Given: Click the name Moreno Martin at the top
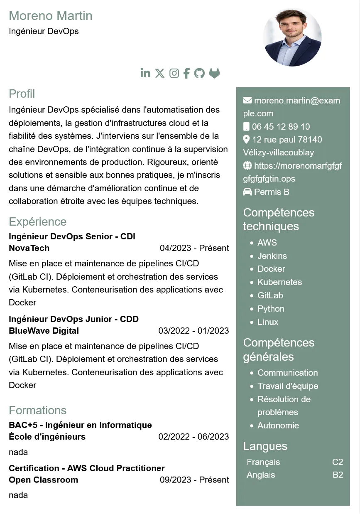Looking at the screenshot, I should tap(51, 16).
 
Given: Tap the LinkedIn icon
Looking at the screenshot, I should tap(145, 73).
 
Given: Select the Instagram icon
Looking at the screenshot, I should tap(174, 74).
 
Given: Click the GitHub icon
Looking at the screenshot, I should tap(200, 74).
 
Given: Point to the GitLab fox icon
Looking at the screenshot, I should tap(214, 73).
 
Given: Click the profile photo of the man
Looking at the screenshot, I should tap(292, 37).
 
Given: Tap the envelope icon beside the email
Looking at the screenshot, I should tap(247, 100).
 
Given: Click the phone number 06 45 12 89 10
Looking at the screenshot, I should tap(281, 127).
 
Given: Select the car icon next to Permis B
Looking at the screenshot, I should tap(247, 192).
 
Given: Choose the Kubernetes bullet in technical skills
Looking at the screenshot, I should tap(279, 282).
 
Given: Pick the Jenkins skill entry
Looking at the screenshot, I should tap(272, 256).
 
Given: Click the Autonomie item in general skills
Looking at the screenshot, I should tap(278, 425).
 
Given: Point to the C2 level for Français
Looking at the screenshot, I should tap(338, 462).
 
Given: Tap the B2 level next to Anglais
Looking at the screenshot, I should tap(338, 475).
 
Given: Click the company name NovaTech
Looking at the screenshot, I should tap(29, 248).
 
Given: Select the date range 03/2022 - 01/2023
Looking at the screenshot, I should tap(193, 331).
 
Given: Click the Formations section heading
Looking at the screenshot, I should tap(38, 411).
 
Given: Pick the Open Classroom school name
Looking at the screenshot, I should tap(44, 480).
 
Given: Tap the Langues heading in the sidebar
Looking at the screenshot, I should tap(265, 446).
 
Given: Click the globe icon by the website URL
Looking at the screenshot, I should tap(247, 166).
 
